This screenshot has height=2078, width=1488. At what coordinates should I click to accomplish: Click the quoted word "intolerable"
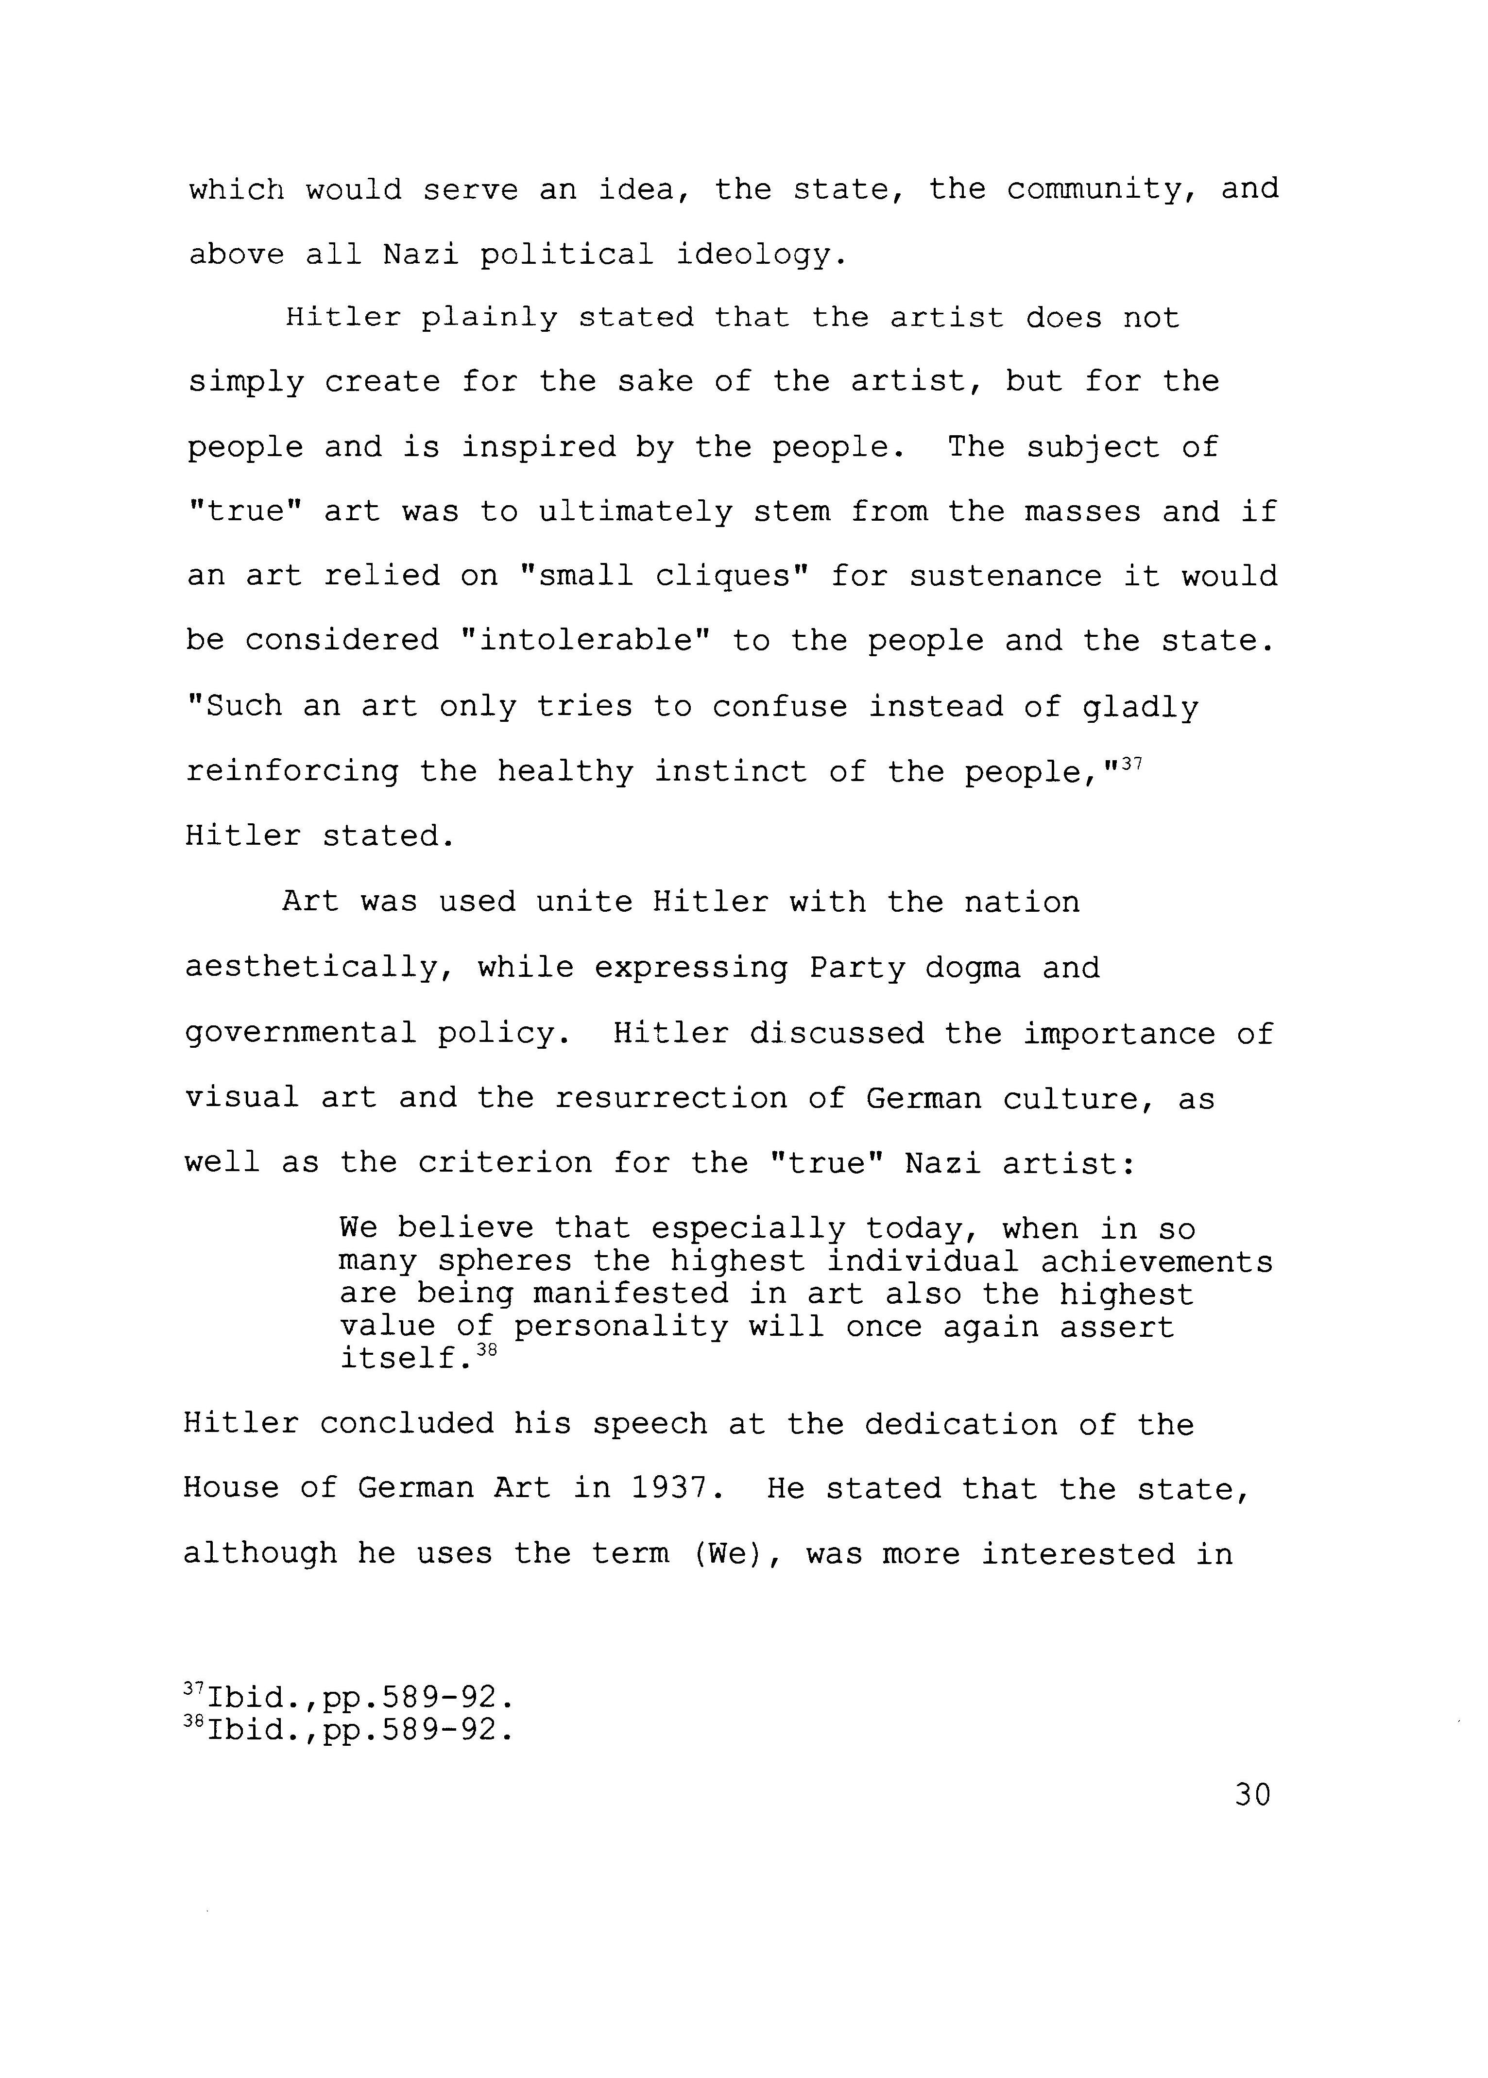point(586,640)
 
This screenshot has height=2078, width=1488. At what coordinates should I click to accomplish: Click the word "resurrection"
point(671,1099)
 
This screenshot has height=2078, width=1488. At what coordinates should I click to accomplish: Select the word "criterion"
point(505,1164)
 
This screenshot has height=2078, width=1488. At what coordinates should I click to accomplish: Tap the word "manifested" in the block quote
point(632,1294)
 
